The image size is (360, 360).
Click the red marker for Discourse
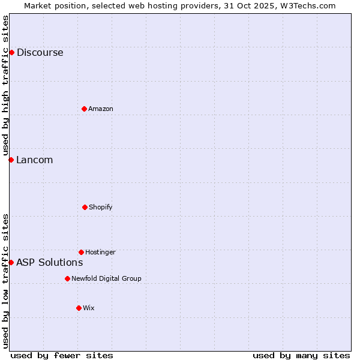[11, 52]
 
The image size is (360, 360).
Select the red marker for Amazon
[84, 109]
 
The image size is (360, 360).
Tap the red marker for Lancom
[11, 160]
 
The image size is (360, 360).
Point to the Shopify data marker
[85, 207]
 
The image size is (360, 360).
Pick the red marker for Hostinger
[81, 252]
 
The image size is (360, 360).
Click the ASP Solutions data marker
[11, 262]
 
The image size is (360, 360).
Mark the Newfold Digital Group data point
[67, 278]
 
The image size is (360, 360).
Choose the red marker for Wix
[79, 308]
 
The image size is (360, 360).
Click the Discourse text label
[40, 52]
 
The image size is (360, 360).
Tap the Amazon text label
[101, 109]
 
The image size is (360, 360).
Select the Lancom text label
[34, 160]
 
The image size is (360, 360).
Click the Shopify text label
[101, 207]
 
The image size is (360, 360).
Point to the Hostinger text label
[100, 252]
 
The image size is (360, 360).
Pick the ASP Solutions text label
[49, 262]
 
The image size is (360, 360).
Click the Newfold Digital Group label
[106, 278]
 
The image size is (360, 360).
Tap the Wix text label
[89, 308]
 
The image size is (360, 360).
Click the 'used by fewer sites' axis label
[62, 355]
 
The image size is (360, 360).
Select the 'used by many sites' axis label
[301, 355]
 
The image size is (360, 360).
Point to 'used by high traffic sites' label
[5, 86]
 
